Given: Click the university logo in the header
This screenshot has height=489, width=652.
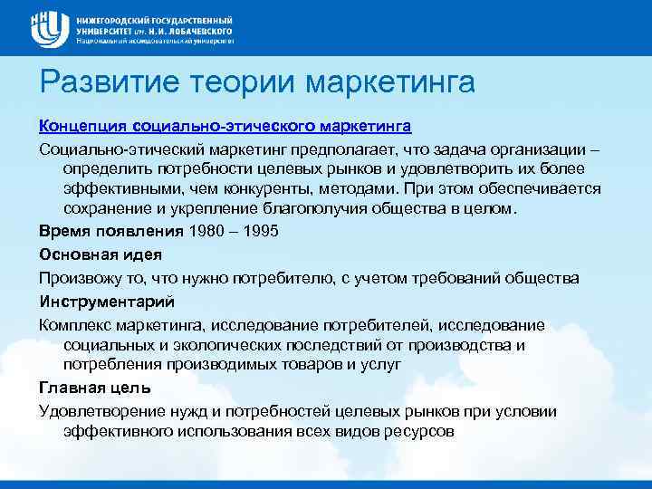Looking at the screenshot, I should coord(51,28).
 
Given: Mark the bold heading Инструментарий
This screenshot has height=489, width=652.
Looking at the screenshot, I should coord(106,300).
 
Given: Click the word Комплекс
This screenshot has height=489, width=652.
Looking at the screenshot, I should coord(76,324).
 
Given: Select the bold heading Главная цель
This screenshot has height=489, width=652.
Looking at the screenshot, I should coord(94,388).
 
